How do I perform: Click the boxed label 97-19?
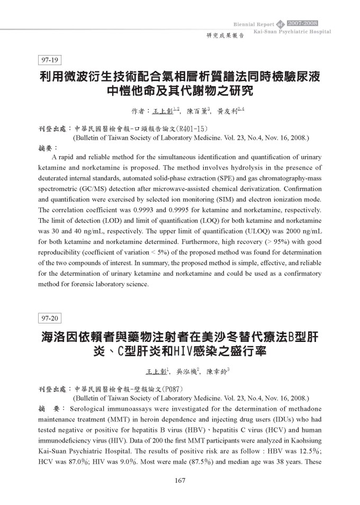(51, 59)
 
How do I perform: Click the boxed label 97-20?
(51, 318)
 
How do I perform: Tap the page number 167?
(179, 480)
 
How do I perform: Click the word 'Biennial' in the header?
(246, 24)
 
